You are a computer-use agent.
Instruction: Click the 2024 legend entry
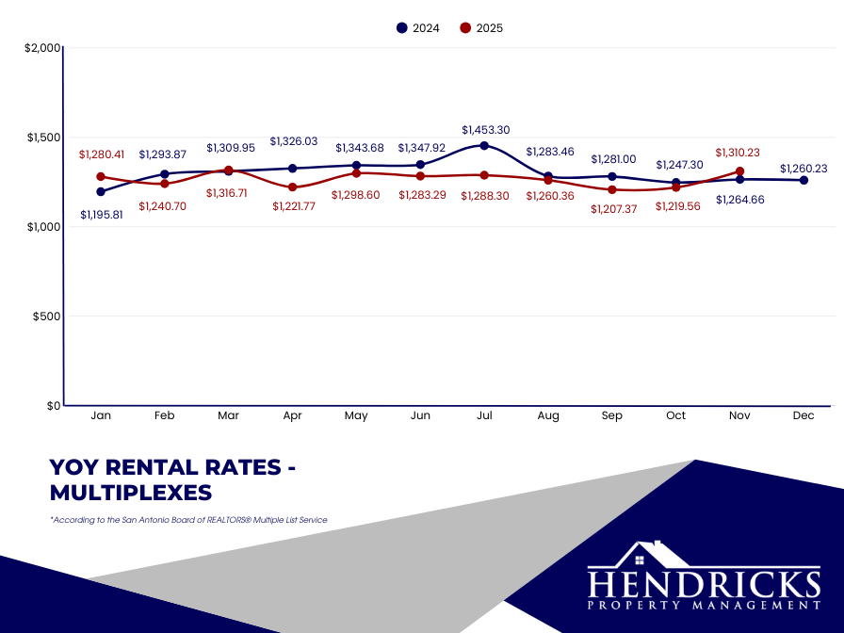click(x=417, y=28)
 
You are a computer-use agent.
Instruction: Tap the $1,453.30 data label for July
click(x=486, y=130)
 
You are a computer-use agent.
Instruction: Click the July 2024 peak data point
click(x=484, y=146)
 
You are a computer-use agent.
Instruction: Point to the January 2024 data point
click(x=101, y=191)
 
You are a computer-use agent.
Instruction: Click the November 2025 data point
click(x=739, y=171)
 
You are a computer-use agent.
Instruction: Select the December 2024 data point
click(x=803, y=180)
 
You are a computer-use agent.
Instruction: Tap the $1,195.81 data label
click(x=103, y=215)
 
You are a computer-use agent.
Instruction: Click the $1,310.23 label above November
click(x=739, y=153)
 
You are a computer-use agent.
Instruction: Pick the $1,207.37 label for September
click(x=614, y=209)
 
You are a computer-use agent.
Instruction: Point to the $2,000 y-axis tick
click(x=42, y=48)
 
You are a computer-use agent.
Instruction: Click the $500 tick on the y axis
click(x=46, y=316)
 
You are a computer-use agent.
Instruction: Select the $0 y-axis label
click(x=53, y=406)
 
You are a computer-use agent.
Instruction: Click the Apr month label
click(x=292, y=415)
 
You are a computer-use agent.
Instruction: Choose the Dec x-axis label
click(x=803, y=415)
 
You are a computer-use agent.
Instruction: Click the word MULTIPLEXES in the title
click(x=131, y=493)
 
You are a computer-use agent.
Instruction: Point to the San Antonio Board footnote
click(x=188, y=520)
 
